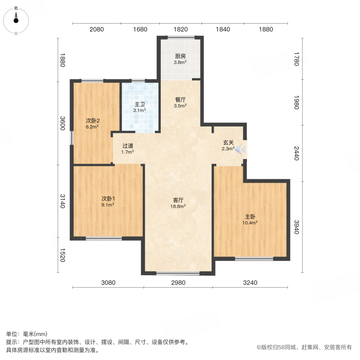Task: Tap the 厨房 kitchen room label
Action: (180, 56)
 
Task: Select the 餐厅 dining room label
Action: (180, 100)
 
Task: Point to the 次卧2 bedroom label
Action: (92, 120)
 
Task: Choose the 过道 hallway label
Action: (128, 146)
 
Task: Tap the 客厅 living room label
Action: (178, 200)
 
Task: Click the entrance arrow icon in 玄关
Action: (240, 150)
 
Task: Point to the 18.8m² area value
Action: (178, 206)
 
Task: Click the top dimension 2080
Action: (96, 29)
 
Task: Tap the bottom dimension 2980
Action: (178, 283)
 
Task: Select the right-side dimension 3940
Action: (296, 227)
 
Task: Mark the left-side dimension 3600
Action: (62, 123)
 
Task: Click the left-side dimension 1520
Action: (62, 254)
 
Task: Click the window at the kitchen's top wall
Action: (181, 38)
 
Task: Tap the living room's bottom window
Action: (178, 274)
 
